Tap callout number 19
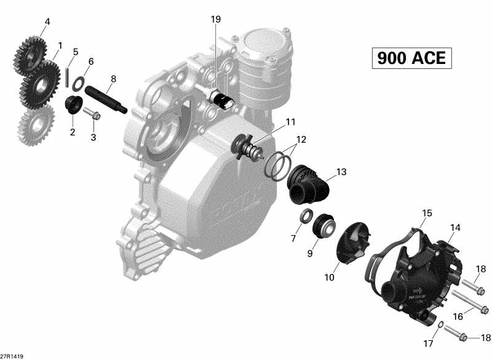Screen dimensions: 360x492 point(215,20)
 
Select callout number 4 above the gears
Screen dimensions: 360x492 point(47,23)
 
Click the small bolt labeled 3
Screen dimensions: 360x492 point(93,114)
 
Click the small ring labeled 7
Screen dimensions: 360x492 point(304,216)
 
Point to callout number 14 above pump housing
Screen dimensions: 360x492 point(454,228)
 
